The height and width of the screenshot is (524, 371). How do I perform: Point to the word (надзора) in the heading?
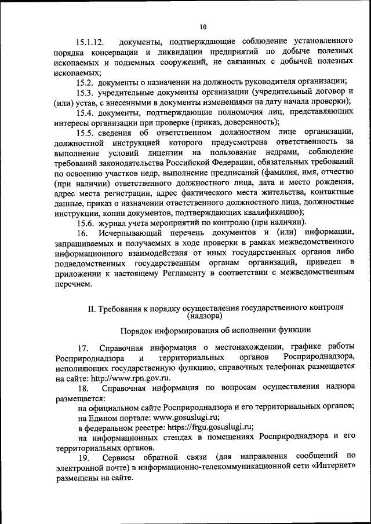205,317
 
